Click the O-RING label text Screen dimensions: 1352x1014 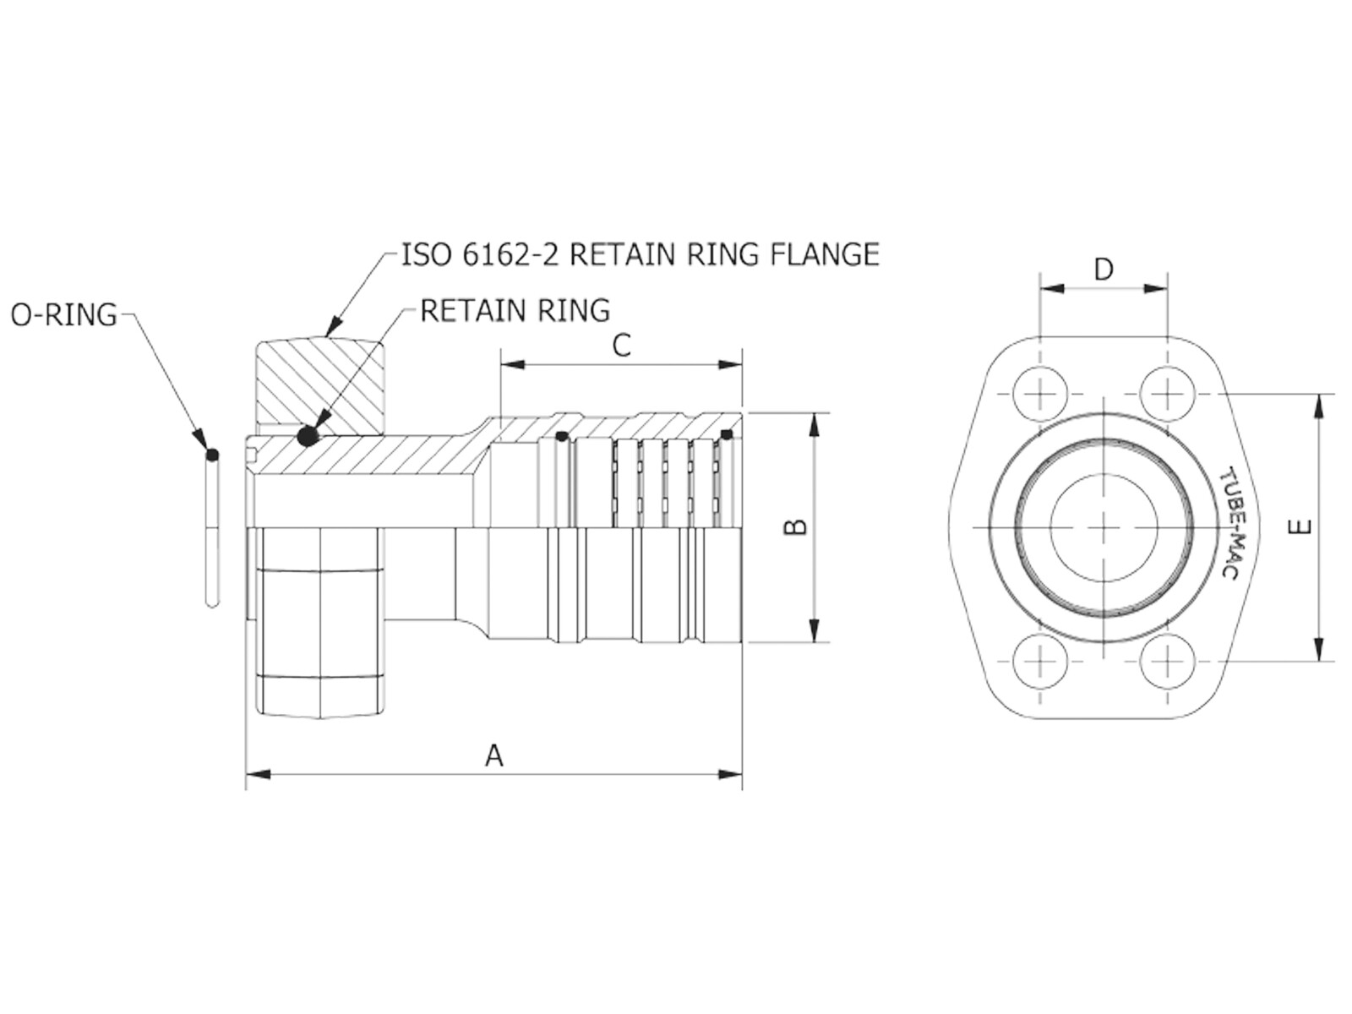click(x=64, y=315)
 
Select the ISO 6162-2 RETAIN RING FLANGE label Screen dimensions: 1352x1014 click(x=641, y=254)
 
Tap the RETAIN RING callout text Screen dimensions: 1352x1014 click(x=515, y=310)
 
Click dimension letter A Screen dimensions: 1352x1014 click(x=494, y=755)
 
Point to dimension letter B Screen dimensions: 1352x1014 click(x=795, y=527)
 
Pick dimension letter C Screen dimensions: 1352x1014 click(x=621, y=346)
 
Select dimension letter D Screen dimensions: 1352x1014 click(x=1104, y=270)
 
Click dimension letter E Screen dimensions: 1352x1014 click(x=1300, y=527)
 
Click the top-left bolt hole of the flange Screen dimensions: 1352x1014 click(x=1040, y=394)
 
